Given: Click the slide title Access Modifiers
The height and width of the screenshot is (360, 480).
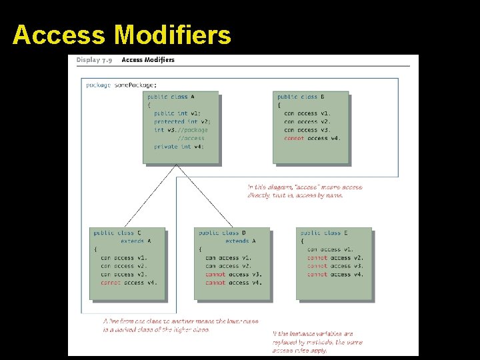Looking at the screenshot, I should (121, 35).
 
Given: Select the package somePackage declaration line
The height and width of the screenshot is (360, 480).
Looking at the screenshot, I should (121, 85).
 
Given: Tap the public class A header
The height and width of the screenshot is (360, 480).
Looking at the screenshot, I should (171, 97).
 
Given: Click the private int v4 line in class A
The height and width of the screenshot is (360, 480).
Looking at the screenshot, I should (179, 147).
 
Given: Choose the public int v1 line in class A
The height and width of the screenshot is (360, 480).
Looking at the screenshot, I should (177, 113).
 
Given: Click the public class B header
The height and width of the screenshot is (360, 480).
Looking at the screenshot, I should (301, 97).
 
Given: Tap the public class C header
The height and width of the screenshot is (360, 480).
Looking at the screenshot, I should (117, 233).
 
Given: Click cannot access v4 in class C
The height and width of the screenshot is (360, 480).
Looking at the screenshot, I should (129, 283).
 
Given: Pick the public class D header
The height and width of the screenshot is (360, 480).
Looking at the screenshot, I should (222, 233).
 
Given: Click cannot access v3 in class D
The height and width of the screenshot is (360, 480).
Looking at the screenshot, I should (233, 274).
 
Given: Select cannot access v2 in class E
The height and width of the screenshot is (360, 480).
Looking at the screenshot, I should (335, 257).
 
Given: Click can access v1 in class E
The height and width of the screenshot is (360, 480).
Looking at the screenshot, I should (335, 249).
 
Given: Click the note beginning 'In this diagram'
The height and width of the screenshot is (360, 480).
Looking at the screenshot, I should (305, 191).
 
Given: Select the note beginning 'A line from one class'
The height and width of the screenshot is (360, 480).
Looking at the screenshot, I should (180, 325).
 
